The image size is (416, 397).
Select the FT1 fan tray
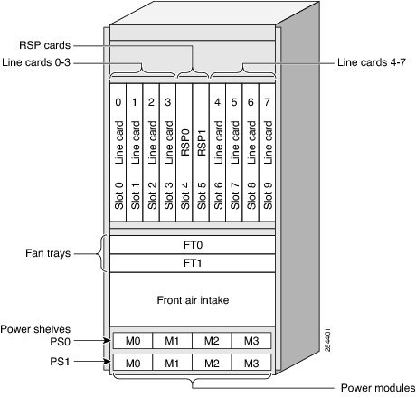pos(192,263)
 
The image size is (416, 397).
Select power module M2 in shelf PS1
pos(213,362)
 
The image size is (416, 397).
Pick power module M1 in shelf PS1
pos(171,362)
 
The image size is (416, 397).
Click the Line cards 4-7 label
pos(373,62)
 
